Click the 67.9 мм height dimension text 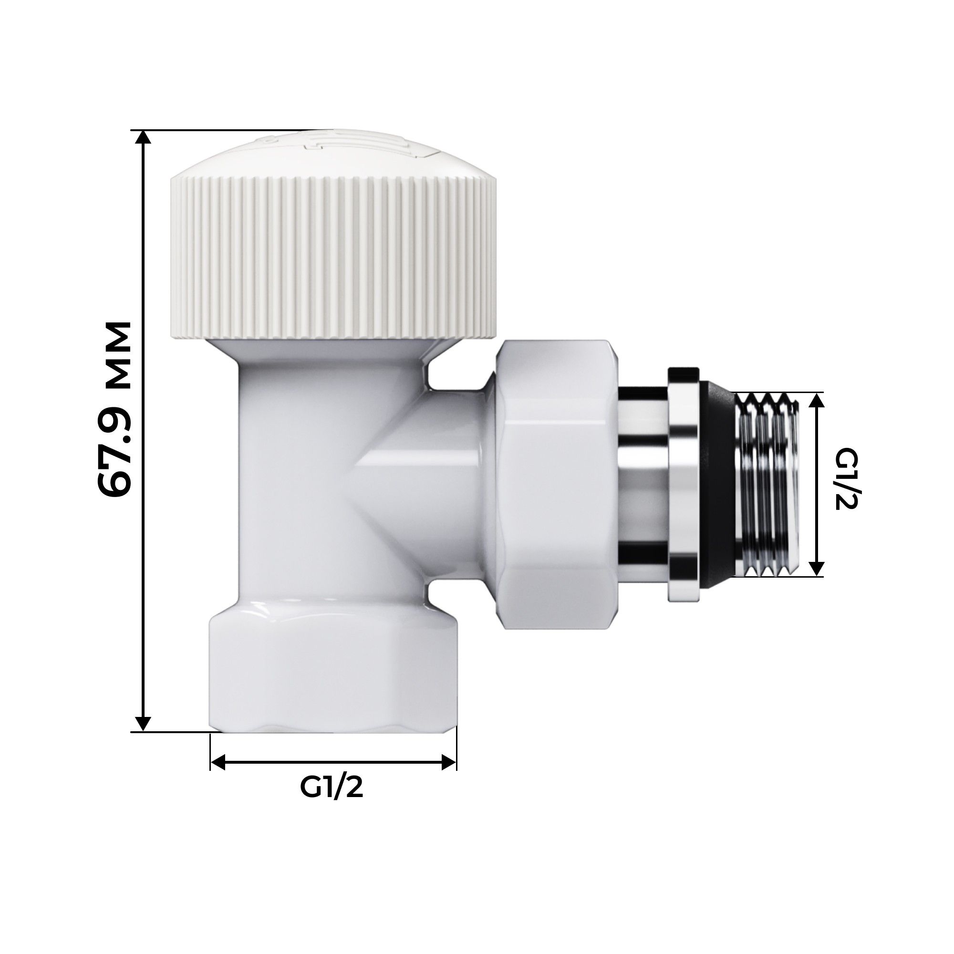pyautogui.click(x=115, y=409)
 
